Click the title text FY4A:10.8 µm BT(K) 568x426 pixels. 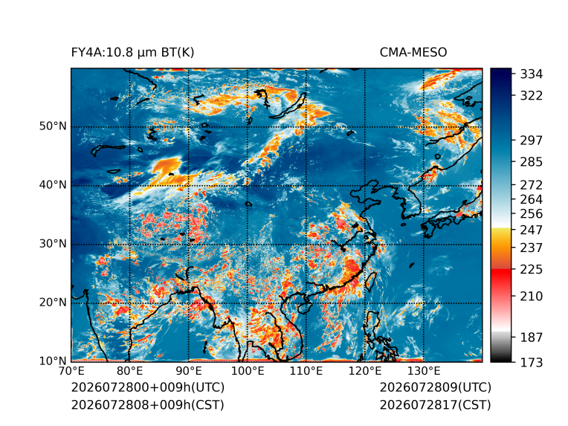(x=132, y=53)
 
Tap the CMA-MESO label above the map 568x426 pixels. (x=413, y=53)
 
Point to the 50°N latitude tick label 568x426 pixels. (x=54, y=126)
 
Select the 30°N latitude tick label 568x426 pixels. (x=54, y=243)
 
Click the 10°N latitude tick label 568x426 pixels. (x=54, y=361)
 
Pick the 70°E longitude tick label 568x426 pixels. (x=71, y=371)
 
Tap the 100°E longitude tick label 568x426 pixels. (x=248, y=371)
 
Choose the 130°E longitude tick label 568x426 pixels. (x=424, y=371)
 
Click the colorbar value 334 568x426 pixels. (x=532, y=74)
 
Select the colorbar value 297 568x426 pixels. (x=532, y=141)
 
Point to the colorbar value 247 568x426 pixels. (x=532, y=230)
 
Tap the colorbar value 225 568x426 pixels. (x=532, y=270)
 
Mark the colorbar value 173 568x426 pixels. (x=532, y=362)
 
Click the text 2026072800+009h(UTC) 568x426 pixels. (x=148, y=387)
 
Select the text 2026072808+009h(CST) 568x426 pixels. (x=147, y=405)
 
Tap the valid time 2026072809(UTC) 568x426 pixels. (x=436, y=387)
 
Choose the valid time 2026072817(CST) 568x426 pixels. (x=435, y=405)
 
